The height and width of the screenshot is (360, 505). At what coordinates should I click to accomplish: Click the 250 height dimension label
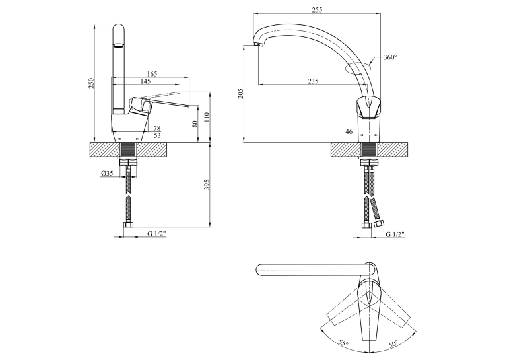point(92,83)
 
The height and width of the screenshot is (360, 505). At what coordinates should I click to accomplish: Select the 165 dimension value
point(152,74)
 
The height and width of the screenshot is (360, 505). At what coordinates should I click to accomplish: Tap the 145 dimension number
point(146,81)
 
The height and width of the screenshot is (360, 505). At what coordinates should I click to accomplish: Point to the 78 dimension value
point(157,128)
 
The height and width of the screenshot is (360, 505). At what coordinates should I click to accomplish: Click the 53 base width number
point(157,135)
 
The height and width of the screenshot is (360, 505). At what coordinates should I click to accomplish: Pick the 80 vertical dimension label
point(195,124)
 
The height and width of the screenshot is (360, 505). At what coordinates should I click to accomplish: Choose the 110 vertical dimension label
point(207,116)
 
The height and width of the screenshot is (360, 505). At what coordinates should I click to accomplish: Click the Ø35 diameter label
point(107,173)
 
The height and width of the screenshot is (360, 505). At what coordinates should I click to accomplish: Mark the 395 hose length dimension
point(207,184)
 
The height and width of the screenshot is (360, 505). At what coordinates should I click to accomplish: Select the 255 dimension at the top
point(317,10)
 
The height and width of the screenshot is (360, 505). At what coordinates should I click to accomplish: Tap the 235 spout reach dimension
point(313,81)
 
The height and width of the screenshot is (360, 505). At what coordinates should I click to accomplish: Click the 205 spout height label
point(240,93)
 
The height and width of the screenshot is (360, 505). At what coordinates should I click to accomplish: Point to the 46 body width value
point(349,131)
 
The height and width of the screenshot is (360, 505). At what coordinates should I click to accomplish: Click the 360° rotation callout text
point(390,57)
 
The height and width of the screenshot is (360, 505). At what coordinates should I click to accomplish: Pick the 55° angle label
point(344,343)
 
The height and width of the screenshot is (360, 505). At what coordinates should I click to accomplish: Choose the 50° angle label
point(393,343)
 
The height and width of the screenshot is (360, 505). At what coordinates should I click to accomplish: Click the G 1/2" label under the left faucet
point(157,234)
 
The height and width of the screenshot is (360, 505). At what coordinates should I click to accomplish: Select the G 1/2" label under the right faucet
point(395,234)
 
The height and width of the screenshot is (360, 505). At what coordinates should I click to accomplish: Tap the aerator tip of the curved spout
point(258,44)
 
